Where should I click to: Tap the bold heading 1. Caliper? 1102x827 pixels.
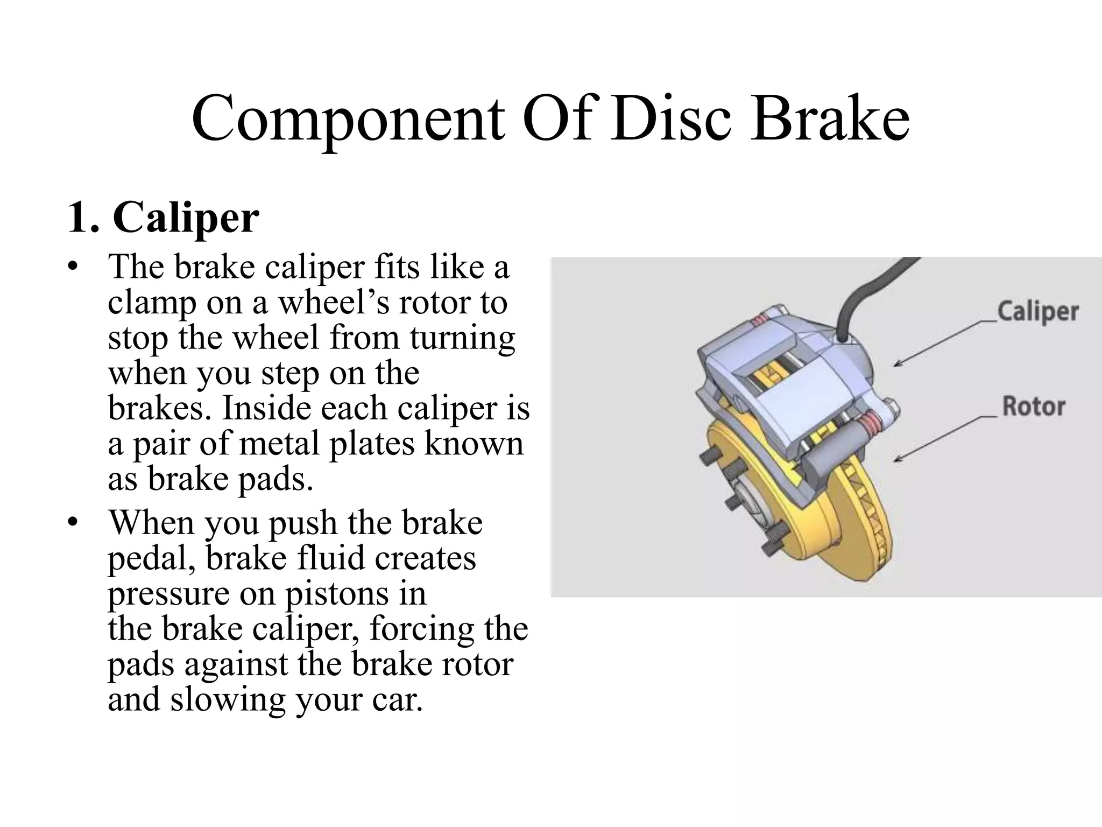164,218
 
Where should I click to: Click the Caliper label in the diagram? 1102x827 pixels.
1038,312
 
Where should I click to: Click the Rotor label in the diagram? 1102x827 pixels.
1033,407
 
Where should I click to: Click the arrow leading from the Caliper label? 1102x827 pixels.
942,345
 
